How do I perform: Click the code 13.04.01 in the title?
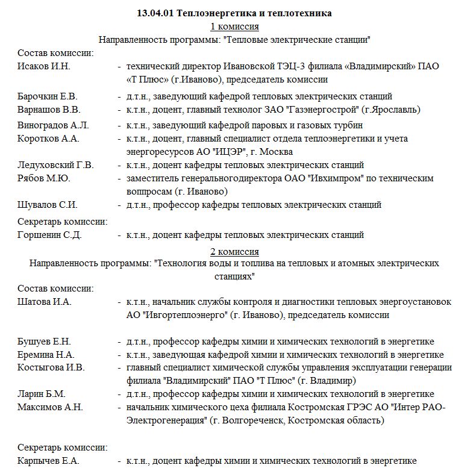[x=155, y=13]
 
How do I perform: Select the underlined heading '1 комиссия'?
[x=235, y=27]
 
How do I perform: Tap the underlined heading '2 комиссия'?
[x=235, y=251]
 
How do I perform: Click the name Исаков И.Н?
[x=44, y=66]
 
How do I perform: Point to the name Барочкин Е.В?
[x=48, y=96]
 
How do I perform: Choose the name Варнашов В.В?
[x=49, y=110]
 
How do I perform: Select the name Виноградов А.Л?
[x=53, y=125]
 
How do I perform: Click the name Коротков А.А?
[x=48, y=139]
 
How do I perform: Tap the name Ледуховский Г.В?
[x=55, y=165]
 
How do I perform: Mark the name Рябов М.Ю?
[x=44, y=178]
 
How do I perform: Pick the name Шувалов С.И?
[x=48, y=205]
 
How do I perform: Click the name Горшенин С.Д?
[x=49, y=235]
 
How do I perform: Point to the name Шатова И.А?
[x=45, y=302]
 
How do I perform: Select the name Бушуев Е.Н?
[x=45, y=342]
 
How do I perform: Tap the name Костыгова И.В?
[x=51, y=367]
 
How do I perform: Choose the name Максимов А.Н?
[x=50, y=407]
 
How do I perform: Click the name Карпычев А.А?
[x=48, y=461]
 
